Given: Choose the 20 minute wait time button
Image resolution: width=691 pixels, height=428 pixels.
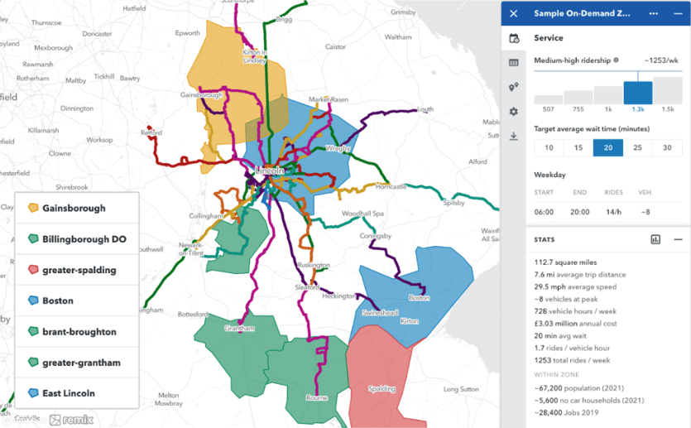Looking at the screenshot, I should coord(607,147).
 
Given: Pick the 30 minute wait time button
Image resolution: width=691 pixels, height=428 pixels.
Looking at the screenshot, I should coord(667,147).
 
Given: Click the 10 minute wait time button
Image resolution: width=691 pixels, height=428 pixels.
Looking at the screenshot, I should coord(548,147).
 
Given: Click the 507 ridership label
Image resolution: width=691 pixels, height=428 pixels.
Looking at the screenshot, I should coord(548,109).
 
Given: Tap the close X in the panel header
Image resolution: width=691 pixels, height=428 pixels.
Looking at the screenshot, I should coord(514,14).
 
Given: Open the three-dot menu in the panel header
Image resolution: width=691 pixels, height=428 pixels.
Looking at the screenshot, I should coord(654,14).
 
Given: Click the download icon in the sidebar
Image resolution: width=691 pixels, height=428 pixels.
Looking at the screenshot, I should coord(514,136).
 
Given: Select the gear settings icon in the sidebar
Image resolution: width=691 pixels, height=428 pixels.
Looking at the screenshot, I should coord(514,112).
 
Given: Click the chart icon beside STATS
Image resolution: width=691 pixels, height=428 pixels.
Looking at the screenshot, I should coord(655,239).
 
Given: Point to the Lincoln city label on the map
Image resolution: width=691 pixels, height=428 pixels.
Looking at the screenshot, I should coord(269,171).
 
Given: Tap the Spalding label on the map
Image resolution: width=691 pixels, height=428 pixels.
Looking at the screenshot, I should coord(381,388).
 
